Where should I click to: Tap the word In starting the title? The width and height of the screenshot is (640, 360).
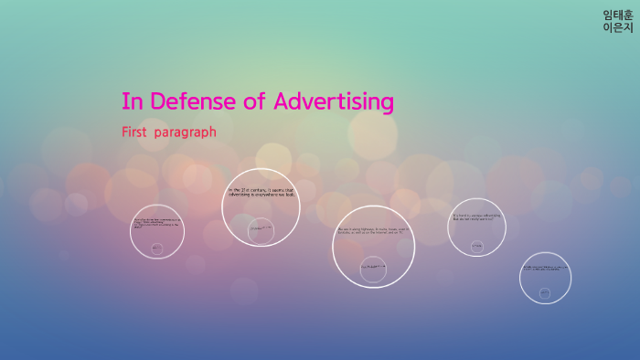click(130, 101)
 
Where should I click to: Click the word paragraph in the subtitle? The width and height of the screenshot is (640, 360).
click(186, 132)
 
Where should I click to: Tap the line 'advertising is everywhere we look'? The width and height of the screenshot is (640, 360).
click(261, 195)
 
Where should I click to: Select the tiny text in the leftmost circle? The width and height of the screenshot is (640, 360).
click(156, 223)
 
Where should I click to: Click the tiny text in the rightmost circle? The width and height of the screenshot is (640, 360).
click(545, 268)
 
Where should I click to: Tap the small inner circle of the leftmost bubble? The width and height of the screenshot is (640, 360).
click(156, 248)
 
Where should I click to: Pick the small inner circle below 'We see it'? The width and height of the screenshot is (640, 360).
click(373, 266)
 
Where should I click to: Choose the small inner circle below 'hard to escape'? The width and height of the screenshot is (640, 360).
click(476, 245)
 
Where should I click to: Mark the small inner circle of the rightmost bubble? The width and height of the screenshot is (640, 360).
click(545, 292)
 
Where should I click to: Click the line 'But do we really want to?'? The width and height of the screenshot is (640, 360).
click(473, 219)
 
